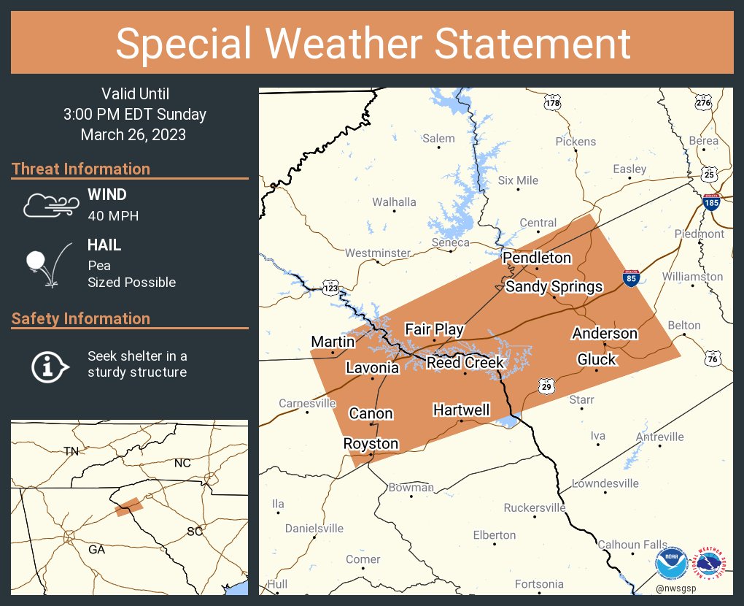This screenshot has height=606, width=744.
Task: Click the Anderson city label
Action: click(605, 334)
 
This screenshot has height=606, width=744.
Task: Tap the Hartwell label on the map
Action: click(461, 410)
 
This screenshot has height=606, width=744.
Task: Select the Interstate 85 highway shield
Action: click(632, 278)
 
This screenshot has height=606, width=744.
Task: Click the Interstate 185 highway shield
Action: click(711, 202)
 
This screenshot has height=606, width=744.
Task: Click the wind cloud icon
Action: click(50, 205)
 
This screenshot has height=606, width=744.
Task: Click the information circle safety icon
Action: click(48, 365)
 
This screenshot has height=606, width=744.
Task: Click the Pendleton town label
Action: click(537, 258)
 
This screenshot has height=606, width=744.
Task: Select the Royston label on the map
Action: click(371, 444)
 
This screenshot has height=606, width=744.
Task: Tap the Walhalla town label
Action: click(394, 202)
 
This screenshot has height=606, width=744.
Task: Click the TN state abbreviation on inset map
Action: click(71, 450)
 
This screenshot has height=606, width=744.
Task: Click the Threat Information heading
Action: click(81, 169)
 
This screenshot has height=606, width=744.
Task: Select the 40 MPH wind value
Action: click(113, 216)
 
